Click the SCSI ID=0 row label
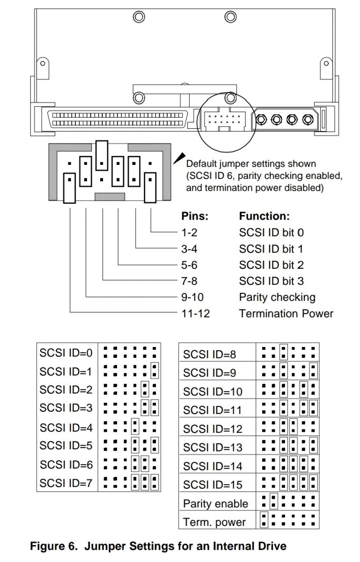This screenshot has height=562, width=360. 66,353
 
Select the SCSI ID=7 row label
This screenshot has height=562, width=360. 66,483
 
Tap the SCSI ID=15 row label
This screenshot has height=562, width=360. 213,485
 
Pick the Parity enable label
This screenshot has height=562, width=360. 215,503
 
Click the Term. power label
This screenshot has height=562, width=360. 214,522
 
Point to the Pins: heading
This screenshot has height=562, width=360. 195,216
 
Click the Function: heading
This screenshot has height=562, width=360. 264,216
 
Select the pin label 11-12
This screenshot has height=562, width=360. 195,314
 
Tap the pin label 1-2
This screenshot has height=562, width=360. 189,233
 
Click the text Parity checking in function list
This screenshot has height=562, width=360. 277,297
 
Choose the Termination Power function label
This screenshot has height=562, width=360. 286,314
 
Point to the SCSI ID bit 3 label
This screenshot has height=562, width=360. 272,281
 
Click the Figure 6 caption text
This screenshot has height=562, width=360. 158,546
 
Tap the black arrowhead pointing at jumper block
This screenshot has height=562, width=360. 179,158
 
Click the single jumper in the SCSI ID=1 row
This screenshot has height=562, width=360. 154,370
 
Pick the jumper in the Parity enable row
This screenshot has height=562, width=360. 274,501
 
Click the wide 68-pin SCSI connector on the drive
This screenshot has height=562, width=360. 118,119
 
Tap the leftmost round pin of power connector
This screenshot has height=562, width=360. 261,119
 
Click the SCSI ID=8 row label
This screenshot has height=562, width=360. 209,355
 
